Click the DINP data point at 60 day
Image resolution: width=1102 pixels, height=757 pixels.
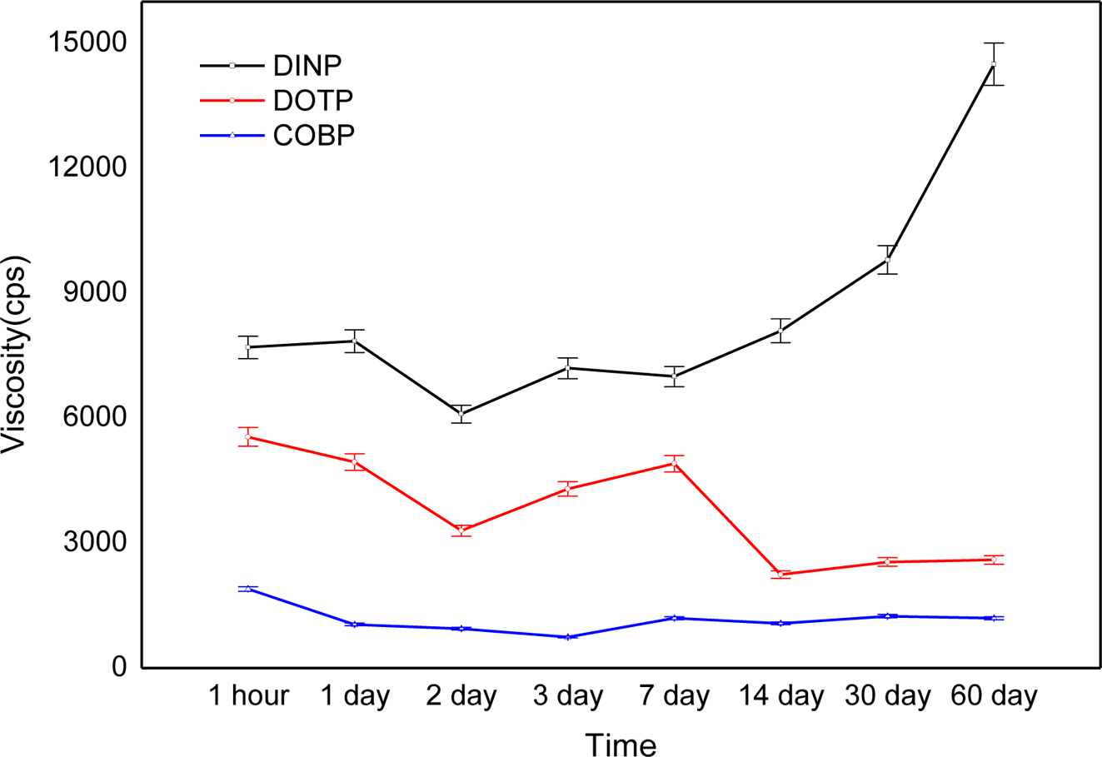click(x=994, y=63)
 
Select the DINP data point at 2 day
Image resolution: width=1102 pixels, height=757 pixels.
click(x=461, y=414)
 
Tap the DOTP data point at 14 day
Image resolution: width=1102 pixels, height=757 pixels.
click(x=780, y=574)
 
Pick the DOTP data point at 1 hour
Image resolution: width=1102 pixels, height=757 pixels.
click(x=248, y=436)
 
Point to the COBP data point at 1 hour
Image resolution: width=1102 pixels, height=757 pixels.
click(x=248, y=589)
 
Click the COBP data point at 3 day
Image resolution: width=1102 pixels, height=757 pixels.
click(x=568, y=636)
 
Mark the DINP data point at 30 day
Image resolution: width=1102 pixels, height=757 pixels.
click(x=888, y=260)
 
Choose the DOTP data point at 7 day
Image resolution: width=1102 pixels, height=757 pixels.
click(x=674, y=464)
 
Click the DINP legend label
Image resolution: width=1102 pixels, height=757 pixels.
click(x=307, y=65)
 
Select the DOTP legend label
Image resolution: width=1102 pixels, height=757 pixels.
click(x=313, y=100)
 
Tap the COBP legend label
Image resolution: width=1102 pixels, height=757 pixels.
click(x=314, y=135)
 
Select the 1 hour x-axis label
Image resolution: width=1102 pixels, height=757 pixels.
click(x=248, y=695)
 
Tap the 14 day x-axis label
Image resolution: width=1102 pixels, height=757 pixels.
click(x=781, y=695)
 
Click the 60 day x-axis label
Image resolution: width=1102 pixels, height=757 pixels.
click(x=995, y=695)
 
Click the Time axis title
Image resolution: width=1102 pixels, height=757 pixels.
click(x=621, y=744)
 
